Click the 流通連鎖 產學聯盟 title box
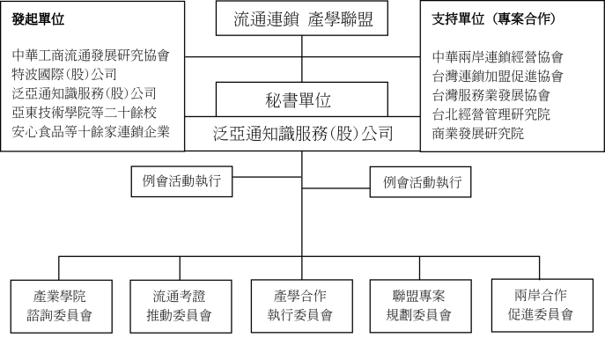(x=302, y=18)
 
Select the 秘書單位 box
(x=302, y=99)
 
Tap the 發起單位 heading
(x=38, y=18)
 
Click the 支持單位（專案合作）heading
(x=494, y=18)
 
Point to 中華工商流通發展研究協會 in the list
(x=91, y=55)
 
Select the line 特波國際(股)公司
(x=64, y=74)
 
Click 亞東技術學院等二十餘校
(x=85, y=113)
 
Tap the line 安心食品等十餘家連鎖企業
(x=91, y=131)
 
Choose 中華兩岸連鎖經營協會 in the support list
(x=498, y=56)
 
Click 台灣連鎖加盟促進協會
(x=498, y=76)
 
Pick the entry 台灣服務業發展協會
(x=491, y=95)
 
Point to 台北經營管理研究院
(x=491, y=114)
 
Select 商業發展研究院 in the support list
(x=477, y=134)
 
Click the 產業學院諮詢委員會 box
(x=62, y=306)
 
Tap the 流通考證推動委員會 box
(x=181, y=306)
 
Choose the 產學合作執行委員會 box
(x=302, y=306)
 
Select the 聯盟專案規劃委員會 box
(x=421, y=306)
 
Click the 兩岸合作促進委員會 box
(x=542, y=305)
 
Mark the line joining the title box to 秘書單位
(x=302, y=59)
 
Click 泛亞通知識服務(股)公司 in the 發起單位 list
(x=85, y=93)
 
